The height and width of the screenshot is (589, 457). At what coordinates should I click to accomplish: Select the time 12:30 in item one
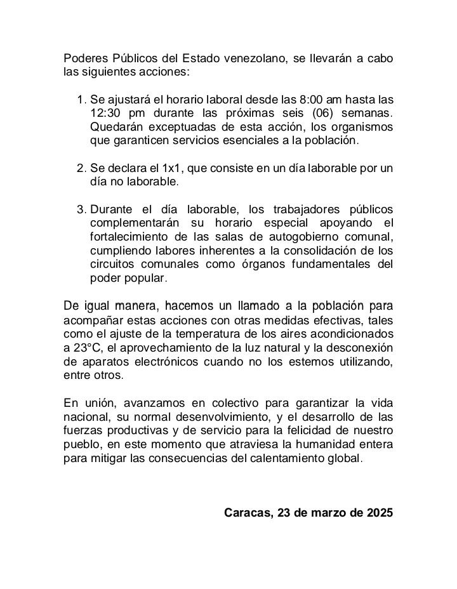click(105, 114)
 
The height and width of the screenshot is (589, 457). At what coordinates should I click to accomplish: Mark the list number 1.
click(81, 100)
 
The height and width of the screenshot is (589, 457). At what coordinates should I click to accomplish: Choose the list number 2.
click(81, 168)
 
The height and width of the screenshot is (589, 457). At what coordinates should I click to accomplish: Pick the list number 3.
click(81, 209)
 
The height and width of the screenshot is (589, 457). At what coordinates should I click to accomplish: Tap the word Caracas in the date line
click(248, 513)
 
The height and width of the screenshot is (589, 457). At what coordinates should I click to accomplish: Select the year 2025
click(379, 513)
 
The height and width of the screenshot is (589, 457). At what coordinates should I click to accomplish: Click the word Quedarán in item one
click(115, 127)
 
